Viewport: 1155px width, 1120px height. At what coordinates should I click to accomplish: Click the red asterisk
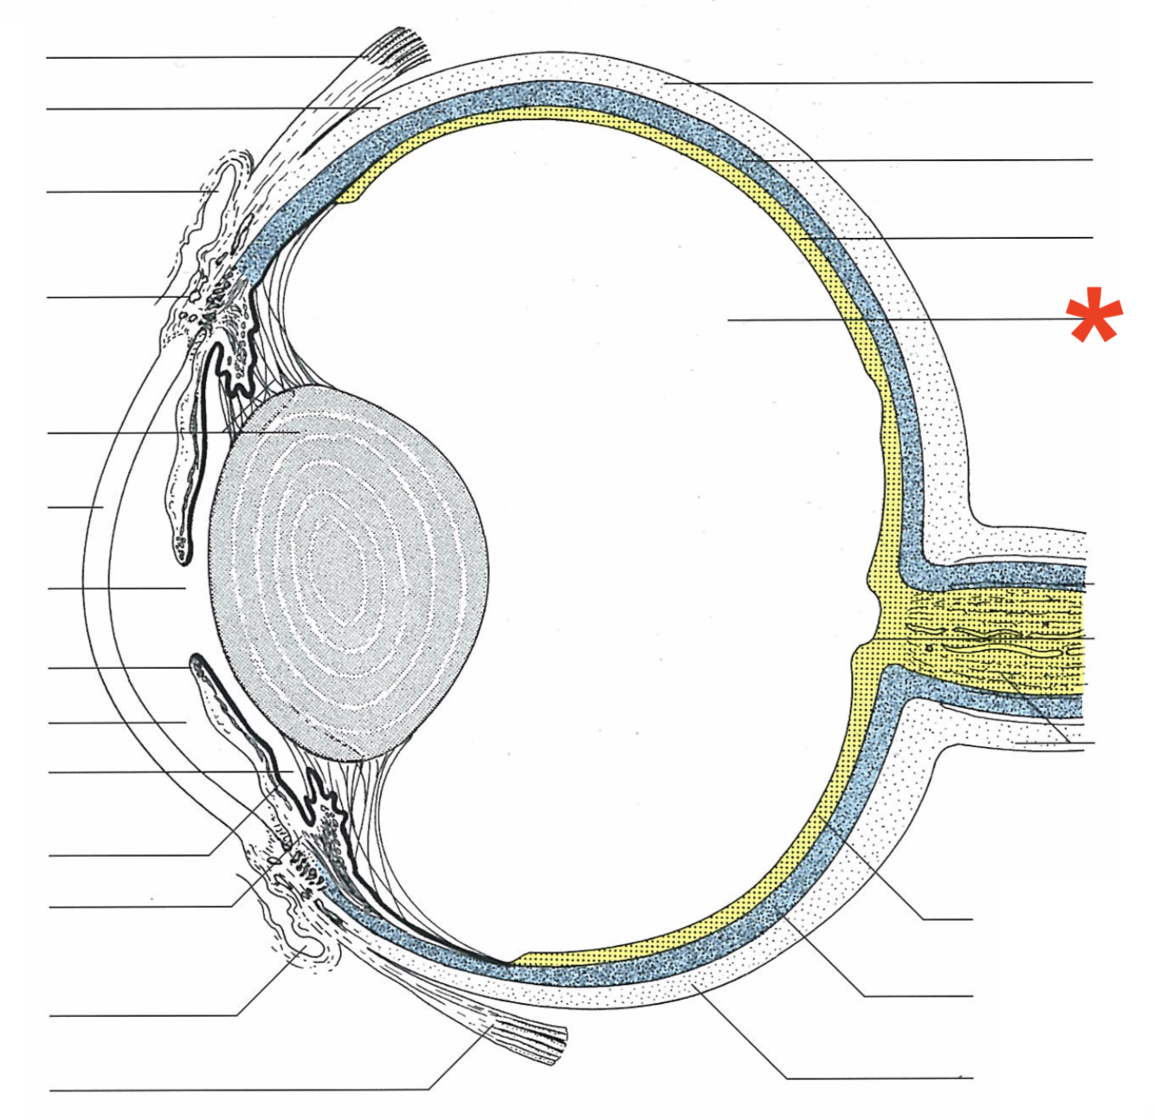1094,316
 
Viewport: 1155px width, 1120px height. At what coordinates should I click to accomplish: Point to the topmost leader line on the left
199,57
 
